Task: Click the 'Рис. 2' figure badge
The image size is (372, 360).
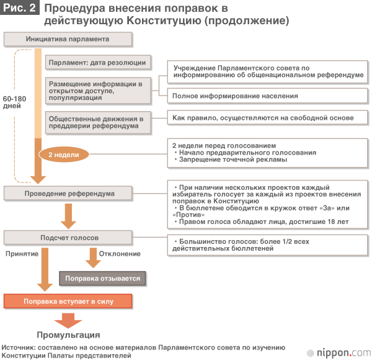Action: click(x=20, y=9)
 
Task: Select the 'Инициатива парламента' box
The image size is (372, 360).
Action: click(x=68, y=38)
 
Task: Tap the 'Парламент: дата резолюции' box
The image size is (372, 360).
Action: click(x=97, y=62)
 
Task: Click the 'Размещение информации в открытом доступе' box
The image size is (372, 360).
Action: click(x=97, y=90)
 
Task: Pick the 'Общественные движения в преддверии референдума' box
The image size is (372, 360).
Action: click(x=97, y=122)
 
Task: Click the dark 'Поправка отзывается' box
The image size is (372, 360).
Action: click(x=104, y=279)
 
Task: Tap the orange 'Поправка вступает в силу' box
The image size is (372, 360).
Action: click(x=68, y=302)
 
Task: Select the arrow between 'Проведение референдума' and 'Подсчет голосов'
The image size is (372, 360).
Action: click(x=68, y=215)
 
